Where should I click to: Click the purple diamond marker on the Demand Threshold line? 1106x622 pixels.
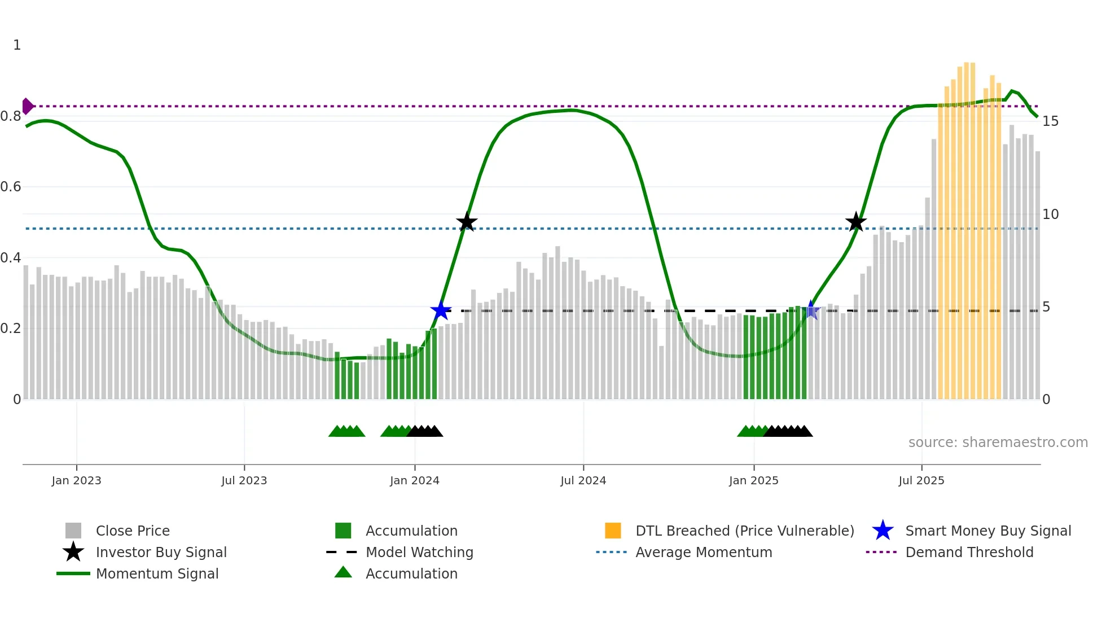tap(27, 106)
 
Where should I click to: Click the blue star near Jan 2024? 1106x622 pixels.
tap(441, 310)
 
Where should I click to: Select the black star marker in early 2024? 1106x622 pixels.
tap(467, 222)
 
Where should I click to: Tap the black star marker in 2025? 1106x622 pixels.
tap(855, 222)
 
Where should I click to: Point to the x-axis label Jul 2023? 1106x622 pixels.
tap(244, 480)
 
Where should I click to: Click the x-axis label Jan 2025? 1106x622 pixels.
tap(753, 480)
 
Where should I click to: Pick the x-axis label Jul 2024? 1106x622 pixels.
tap(583, 480)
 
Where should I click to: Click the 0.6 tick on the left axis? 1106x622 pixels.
tap(11, 187)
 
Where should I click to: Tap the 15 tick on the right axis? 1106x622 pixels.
tap(1050, 121)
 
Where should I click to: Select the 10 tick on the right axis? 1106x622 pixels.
tap(1050, 214)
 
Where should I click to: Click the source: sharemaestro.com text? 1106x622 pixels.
tap(998, 443)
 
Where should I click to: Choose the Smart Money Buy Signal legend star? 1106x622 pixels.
tap(883, 531)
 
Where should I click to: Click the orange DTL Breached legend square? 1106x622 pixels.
tap(613, 531)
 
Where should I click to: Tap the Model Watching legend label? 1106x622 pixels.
tap(419, 552)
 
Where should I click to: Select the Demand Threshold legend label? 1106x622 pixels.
tap(969, 552)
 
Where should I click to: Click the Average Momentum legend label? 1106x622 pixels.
tap(704, 552)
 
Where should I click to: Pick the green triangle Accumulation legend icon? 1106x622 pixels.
tap(343, 572)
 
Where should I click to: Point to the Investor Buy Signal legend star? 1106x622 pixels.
tap(73, 552)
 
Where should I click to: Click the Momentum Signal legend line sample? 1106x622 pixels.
tap(73, 573)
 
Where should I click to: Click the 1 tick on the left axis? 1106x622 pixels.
tap(17, 45)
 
